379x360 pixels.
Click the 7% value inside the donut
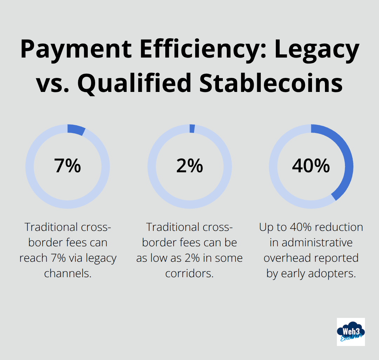[67, 166]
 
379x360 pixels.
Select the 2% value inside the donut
[189, 166]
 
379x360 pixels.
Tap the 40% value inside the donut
[311, 166]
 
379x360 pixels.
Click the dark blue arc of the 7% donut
[76, 130]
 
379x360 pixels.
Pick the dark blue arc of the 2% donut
[192, 128]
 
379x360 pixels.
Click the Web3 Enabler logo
[351, 332]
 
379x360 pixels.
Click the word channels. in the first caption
[68, 273]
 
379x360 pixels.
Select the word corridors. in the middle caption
[189, 273]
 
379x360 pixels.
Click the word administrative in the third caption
[311, 242]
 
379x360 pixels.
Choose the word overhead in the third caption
[286, 258]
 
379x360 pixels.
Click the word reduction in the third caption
[339, 227]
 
